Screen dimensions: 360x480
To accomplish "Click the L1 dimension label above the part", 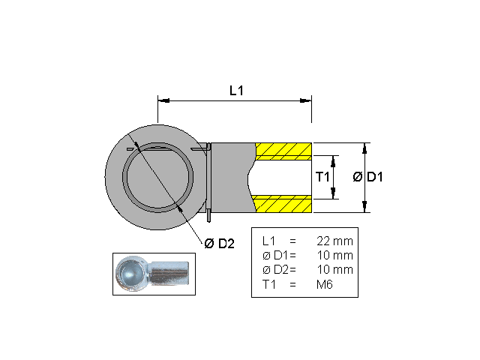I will click(x=236, y=90).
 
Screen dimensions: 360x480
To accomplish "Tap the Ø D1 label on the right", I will click(x=368, y=177).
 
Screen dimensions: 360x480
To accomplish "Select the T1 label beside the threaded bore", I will click(x=322, y=177).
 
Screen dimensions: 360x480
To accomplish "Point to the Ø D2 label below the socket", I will click(x=219, y=243).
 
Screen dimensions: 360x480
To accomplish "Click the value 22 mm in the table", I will click(x=334, y=241).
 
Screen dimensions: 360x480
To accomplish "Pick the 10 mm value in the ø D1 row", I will click(x=334, y=256).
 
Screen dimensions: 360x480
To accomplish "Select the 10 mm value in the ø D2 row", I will click(x=334, y=270).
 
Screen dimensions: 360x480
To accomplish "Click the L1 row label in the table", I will click(x=269, y=241).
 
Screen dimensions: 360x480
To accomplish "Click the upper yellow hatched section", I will click(x=283, y=151).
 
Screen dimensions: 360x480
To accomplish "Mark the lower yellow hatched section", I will click(x=283, y=202).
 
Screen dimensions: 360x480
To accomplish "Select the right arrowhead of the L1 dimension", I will click(x=307, y=100).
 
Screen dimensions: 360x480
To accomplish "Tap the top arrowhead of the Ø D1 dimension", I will click(x=365, y=146).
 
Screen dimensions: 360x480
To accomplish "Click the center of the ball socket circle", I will click(x=158, y=177).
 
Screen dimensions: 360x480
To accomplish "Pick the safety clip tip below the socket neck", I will click(x=208, y=218).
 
